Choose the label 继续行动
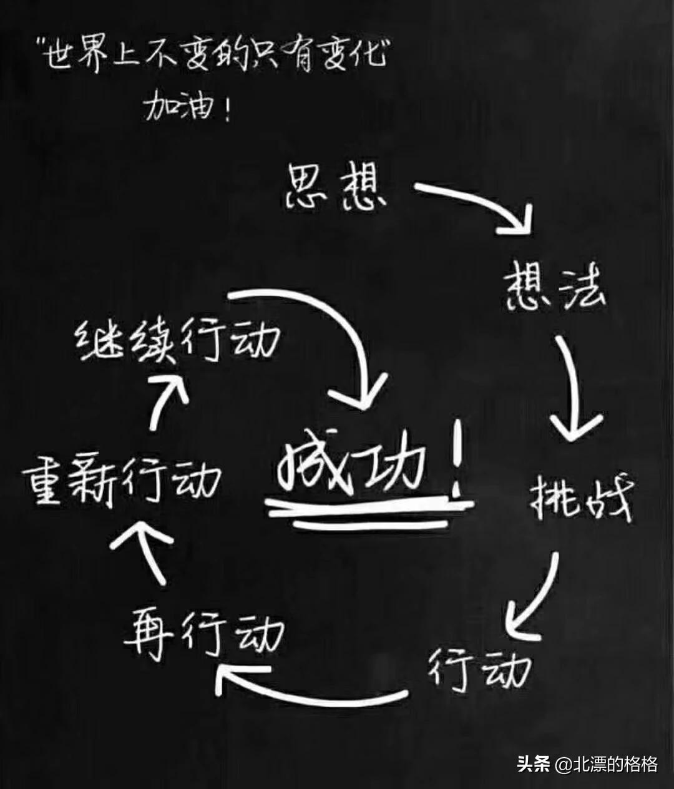[x=177, y=340]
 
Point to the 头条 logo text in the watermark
[x=534, y=754]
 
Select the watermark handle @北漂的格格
[x=607, y=754]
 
